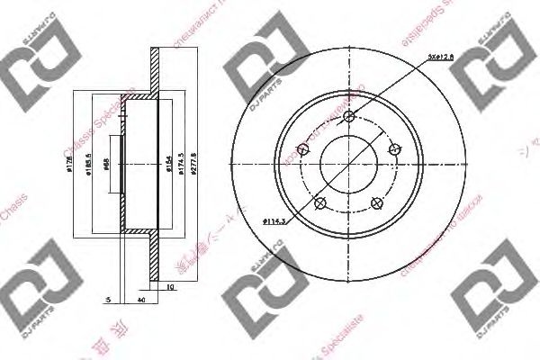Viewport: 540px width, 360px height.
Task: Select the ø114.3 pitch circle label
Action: tap(274, 220)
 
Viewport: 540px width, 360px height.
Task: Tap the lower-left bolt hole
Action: tap(319, 202)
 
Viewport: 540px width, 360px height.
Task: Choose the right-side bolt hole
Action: tap(392, 151)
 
